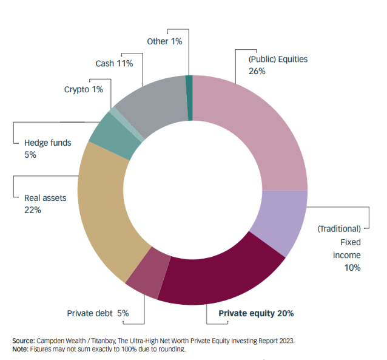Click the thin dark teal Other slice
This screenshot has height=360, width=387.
pyautogui.click(x=189, y=98)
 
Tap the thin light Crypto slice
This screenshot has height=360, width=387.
pyautogui.click(x=126, y=124)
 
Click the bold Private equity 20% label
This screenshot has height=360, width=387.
pyautogui.click(x=256, y=313)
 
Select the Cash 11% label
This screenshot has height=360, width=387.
pyautogui.click(x=114, y=64)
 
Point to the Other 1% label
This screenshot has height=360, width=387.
pyautogui.click(x=164, y=41)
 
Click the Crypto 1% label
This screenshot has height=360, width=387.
pyautogui.click(x=84, y=89)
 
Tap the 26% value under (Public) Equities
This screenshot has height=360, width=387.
pyautogui.click(x=257, y=71)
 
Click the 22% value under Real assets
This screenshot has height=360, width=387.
pyautogui.click(x=33, y=210)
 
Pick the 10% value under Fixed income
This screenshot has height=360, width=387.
pyautogui.click(x=352, y=268)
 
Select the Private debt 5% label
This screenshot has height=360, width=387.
pyautogui.click(x=98, y=313)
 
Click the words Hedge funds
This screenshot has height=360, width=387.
pyautogui.click(x=48, y=143)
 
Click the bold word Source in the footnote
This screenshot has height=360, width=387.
pyautogui.click(x=24, y=341)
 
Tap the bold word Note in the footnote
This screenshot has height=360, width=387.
pyautogui.click(x=20, y=349)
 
